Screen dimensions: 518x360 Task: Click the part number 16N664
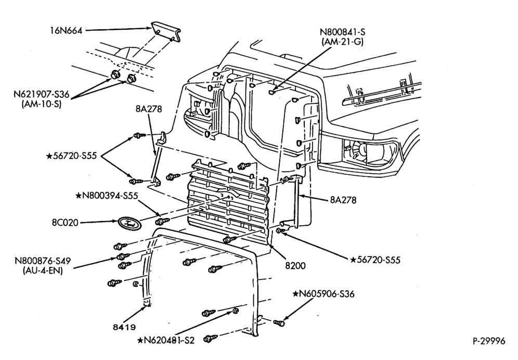click(x=66, y=31)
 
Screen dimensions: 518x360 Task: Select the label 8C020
click(x=65, y=223)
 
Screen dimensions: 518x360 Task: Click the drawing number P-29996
click(x=488, y=341)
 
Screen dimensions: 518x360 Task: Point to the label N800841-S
click(x=342, y=32)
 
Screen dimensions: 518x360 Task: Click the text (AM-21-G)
click(x=342, y=42)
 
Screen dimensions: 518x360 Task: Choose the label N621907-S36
click(x=42, y=94)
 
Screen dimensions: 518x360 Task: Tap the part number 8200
click(x=296, y=265)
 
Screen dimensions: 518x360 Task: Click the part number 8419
click(x=124, y=327)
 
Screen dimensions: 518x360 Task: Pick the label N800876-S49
click(x=43, y=261)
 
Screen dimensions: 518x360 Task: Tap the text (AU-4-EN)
click(x=43, y=271)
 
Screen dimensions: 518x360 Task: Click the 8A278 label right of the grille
click(x=343, y=200)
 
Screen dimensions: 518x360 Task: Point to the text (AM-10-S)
click(x=42, y=104)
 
